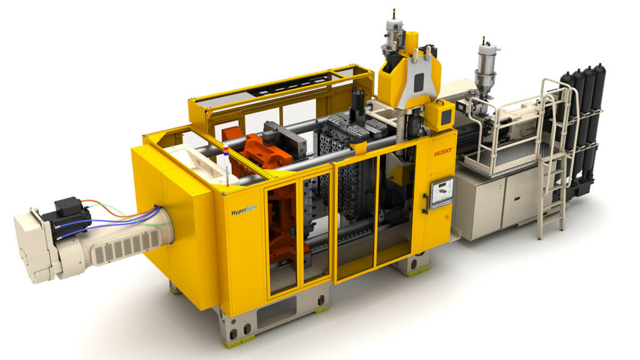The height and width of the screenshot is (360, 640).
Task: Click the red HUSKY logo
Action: pyautogui.click(x=442, y=152)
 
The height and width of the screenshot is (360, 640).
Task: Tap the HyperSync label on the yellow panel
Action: pyautogui.click(x=244, y=211)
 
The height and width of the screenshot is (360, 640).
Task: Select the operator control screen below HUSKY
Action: pyautogui.click(x=442, y=191)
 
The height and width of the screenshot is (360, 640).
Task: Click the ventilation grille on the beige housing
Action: pyautogui.click(x=126, y=246)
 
